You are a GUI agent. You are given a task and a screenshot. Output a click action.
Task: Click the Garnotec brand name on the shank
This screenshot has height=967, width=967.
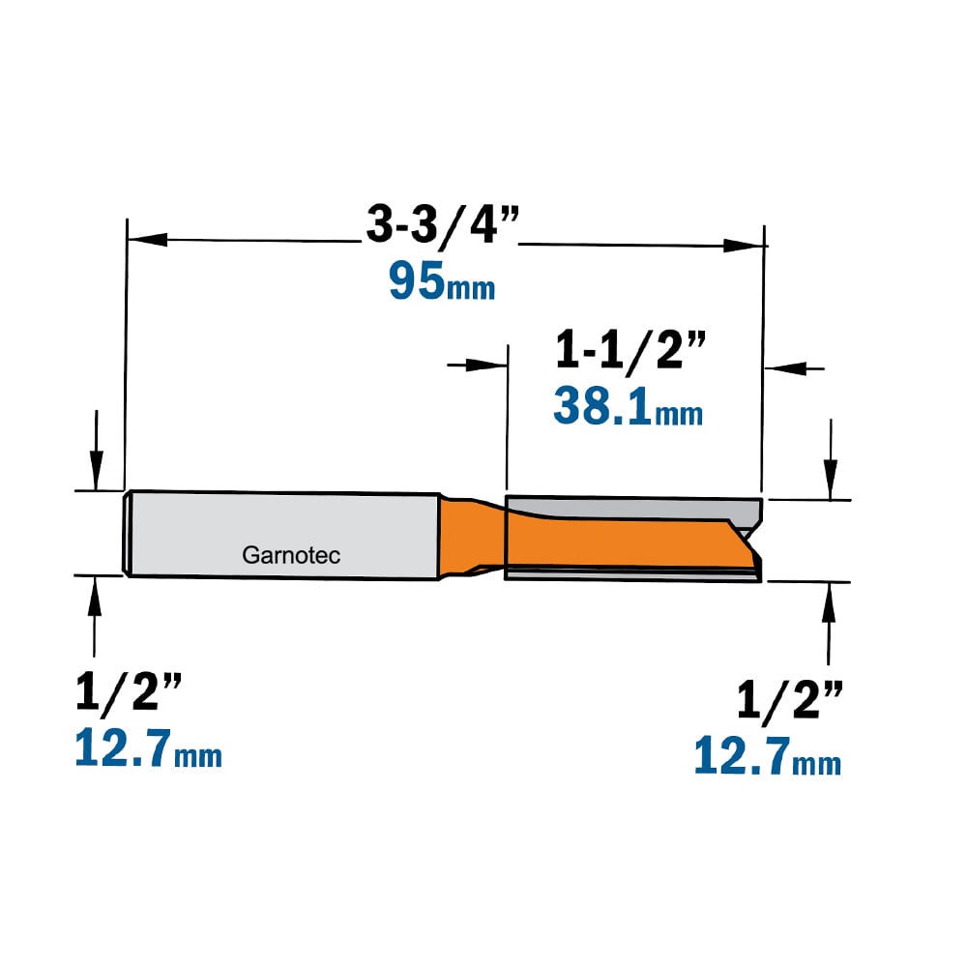tap(291, 555)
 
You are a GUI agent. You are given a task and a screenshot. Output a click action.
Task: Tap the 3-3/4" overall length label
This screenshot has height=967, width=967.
tap(443, 224)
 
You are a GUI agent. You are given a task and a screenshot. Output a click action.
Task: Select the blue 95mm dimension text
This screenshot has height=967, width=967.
tap(442, 281)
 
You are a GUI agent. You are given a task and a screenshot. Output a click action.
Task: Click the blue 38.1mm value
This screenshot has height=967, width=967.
tap(628, 406)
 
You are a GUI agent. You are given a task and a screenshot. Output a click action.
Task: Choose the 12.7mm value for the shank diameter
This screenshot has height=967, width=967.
tap(148, 748)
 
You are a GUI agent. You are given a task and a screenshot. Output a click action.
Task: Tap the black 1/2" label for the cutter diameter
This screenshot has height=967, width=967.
tap(790, 701)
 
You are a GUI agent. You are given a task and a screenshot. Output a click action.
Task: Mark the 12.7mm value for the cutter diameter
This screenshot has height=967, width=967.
tap(767, 755)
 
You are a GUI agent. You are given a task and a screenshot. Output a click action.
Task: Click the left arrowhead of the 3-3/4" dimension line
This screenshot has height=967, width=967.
tap(147, 239)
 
